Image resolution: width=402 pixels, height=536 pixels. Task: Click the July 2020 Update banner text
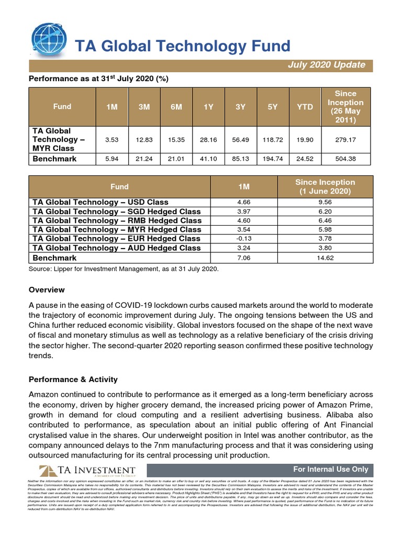(326, 65)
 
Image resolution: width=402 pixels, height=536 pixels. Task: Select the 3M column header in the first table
(143, 107)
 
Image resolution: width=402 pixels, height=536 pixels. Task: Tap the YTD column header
(305, 107)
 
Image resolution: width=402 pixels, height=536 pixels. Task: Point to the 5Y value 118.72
(272, 140)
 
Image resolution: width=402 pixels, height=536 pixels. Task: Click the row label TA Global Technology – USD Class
(100, 202)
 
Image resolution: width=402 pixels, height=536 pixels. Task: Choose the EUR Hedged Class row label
(116, 239)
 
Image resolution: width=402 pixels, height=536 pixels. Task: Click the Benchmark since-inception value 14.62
(325, 258)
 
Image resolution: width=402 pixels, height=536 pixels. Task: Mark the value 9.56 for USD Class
(325, 202)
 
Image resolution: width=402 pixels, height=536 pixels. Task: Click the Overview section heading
(47, 289)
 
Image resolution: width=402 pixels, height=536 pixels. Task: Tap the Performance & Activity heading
(73, 379)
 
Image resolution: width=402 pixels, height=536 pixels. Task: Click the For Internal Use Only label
(330, 469)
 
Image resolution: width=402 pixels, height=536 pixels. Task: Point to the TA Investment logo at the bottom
(87, 470)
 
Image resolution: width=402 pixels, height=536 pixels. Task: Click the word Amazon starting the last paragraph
(44, 394)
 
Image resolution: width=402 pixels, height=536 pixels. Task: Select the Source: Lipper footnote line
(124, 269)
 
